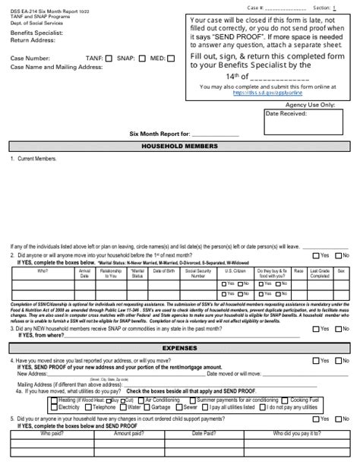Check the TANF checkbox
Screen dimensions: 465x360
coord(110,58)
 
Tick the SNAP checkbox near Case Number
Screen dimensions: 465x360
coord(144,58)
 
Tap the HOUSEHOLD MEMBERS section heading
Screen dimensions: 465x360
coord(180,146)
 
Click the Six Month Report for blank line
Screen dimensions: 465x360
coord(215,134)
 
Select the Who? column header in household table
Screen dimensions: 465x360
coord(43,270)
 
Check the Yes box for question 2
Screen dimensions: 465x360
coord(316,255)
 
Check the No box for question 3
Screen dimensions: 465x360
coord(338,329)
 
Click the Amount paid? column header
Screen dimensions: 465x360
coord(128,433)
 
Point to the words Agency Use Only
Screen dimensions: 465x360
coord(311,104)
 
